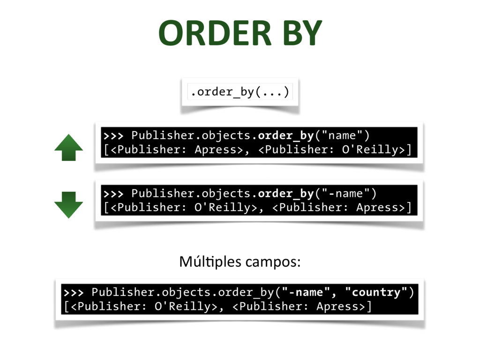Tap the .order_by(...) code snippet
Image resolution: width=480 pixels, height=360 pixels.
click(240, 91)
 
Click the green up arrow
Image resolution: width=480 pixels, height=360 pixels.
click(68, 148)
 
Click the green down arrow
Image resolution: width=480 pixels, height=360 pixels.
click(68, 205)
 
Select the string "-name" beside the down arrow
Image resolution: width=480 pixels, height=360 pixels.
click(346, 193)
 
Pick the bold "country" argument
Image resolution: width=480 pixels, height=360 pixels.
click(375, 292)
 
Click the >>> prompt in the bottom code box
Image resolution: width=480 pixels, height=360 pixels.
click(74, 292)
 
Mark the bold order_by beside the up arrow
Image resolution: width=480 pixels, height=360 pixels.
click(285, 135)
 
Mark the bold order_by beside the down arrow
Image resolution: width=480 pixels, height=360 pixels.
click(285, 193)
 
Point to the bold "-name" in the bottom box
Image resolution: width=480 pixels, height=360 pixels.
click(306, 292)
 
